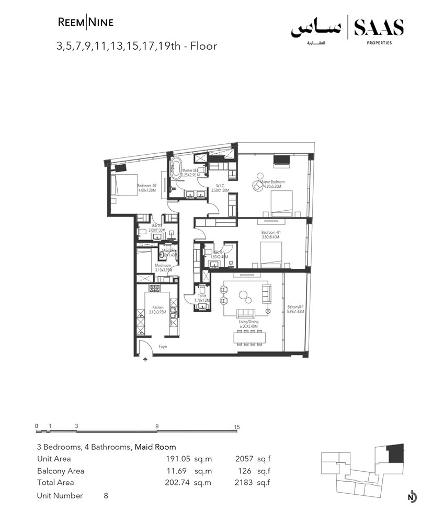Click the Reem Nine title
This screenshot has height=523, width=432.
[85, 22]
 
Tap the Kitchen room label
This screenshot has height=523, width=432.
[158, 310]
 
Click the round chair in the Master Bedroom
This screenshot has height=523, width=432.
[257, 185]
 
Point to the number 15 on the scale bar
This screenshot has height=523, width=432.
[237, 427]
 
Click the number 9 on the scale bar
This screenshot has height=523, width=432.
[157, 427]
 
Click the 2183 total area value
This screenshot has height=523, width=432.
[246, 482]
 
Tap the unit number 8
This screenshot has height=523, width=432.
[106, 495]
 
